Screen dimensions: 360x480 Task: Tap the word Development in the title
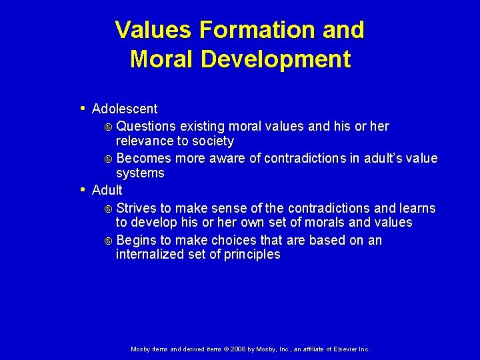[275, 59]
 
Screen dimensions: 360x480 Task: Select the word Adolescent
[125, 109]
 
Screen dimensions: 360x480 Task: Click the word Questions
[146, 126]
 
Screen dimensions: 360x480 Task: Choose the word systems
[140, 173]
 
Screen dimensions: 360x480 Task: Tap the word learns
[417, 208]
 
